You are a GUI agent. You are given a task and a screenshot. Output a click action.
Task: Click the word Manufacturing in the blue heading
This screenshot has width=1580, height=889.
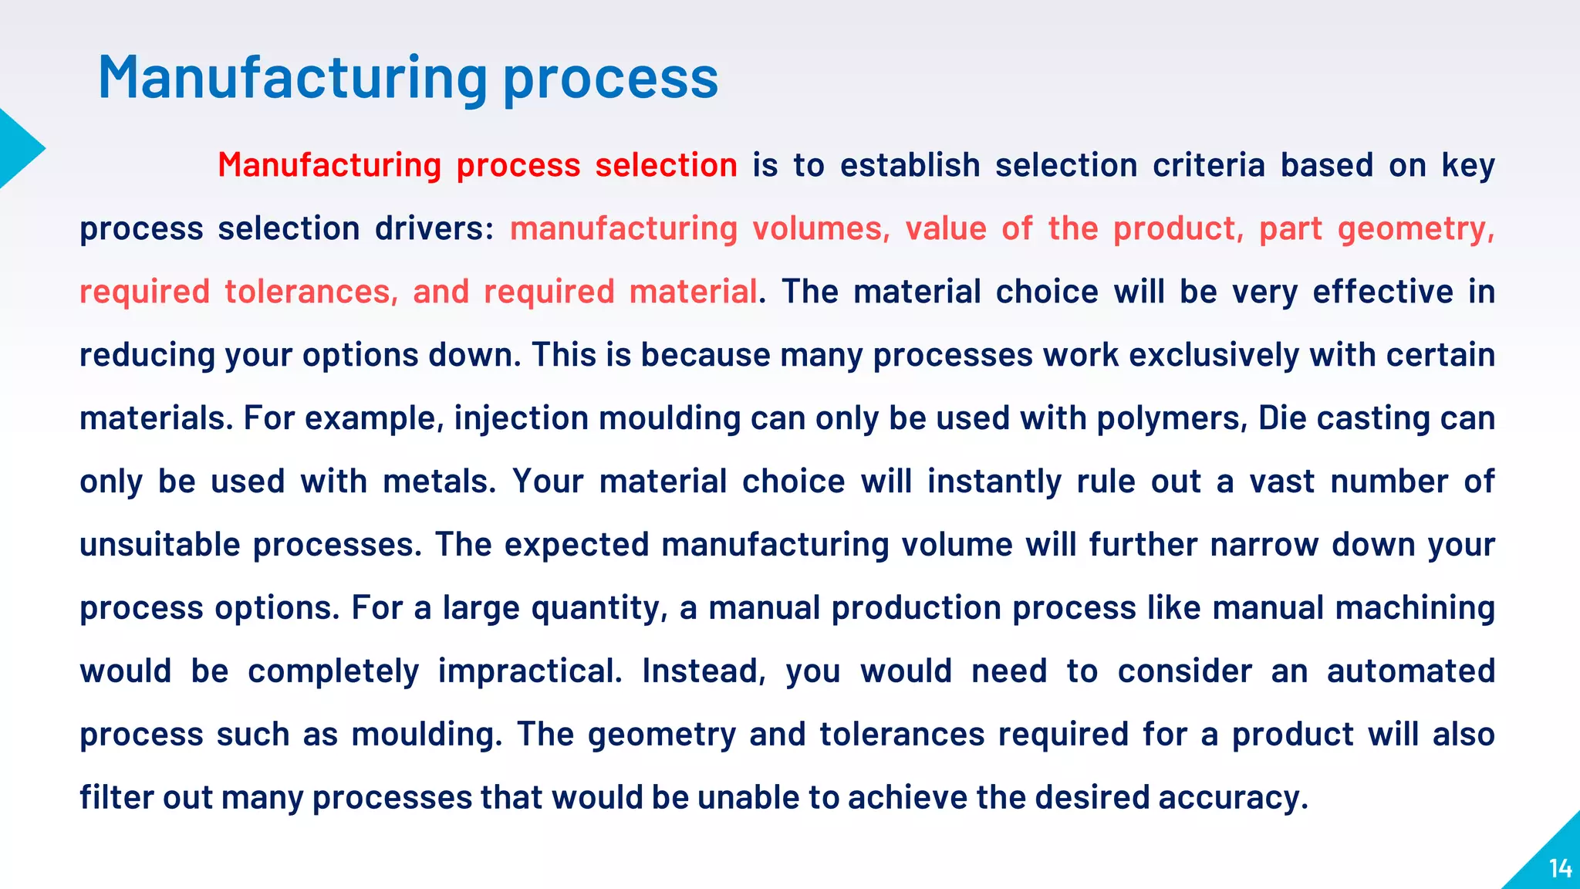coord(292,78)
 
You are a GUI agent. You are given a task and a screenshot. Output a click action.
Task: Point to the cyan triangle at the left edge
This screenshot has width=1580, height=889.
coord(17,148)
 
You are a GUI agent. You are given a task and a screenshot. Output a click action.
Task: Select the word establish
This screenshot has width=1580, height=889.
coord(910,165)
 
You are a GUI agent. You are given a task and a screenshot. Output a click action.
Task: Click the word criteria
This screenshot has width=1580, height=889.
coord(1209,165)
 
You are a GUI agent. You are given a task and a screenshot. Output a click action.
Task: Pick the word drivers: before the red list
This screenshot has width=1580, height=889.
coord(434,228)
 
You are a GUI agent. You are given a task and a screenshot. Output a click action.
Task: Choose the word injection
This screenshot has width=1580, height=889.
coord(521,418)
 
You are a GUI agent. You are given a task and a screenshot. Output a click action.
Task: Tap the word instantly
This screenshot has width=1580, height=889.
coord(994,482)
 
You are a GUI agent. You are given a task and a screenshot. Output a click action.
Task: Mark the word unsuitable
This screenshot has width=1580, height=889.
coord(160,545)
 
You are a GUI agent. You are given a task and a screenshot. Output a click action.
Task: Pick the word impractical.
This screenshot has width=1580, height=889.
coord(530,671)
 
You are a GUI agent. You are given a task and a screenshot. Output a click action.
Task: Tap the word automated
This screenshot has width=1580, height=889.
coord(1410,671)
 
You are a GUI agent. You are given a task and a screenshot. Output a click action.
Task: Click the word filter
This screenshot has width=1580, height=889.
coord(116,798)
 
